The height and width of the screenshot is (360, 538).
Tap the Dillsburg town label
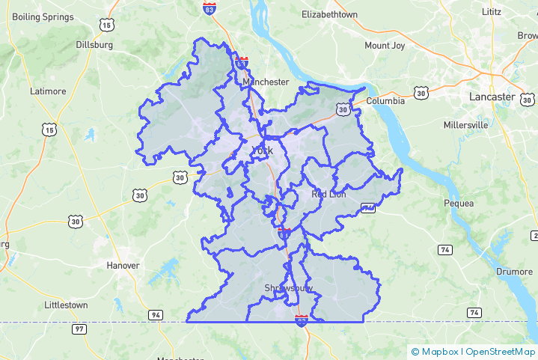click(x=94, y=44)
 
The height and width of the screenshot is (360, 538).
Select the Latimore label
click(x=48, y=91)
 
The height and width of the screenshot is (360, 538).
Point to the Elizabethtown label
click(x=329, y=14)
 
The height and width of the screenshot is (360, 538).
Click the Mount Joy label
click(x=385, y=46)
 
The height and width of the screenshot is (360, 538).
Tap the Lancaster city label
click(x=492, y=97)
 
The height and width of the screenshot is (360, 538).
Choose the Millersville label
click(x=465, y=125)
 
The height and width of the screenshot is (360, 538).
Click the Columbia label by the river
click(x=385, y=101)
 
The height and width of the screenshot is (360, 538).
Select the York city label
click(x=263, y=150)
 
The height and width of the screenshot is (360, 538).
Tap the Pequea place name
click(x=459, y=203)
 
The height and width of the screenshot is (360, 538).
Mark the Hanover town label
click(x=123, y=266)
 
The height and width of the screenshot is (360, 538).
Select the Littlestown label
click(x=66, y=305)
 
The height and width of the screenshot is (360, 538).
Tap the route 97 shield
click(x=79, y=329)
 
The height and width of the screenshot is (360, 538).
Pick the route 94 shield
click(x=156, y=314)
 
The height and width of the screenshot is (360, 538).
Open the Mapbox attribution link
click(x=438, y=351)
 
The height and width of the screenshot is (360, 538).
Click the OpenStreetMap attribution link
click(x=500, y=351)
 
